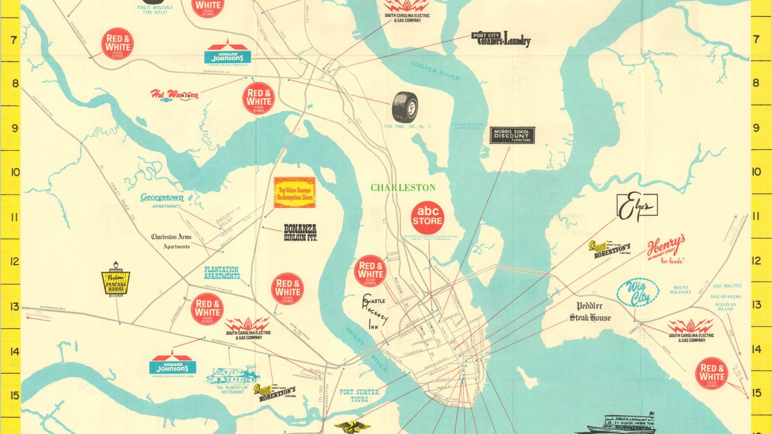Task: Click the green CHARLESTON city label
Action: coord(403,188)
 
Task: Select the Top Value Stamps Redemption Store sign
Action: coord(294,192)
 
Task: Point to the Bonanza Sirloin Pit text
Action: coord(300,233)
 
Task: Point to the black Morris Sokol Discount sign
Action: coord(512,135)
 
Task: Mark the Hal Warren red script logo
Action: coord(174,95)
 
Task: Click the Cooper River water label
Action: coord(435,71)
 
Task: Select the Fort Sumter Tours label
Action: coord(359,395)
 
